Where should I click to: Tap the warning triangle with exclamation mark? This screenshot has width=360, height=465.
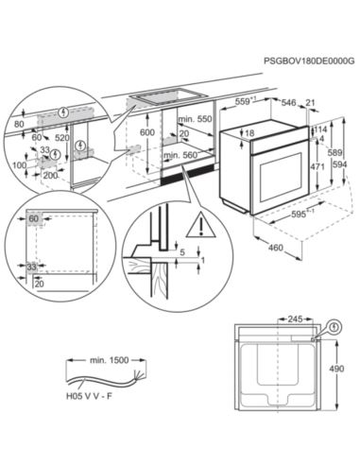coord(198,225)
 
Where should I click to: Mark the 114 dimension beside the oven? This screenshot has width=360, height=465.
coord(320,129)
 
